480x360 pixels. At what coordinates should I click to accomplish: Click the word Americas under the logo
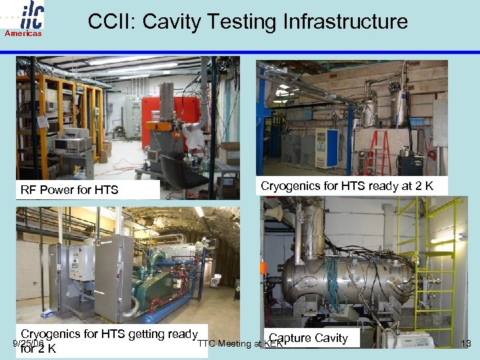[23, 33]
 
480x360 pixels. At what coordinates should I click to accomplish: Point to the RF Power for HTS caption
[69, 190]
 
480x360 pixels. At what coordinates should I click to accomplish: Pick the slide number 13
[466, 344]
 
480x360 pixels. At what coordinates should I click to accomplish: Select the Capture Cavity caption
[309, 338]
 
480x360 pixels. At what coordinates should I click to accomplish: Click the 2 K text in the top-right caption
[424, 186]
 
